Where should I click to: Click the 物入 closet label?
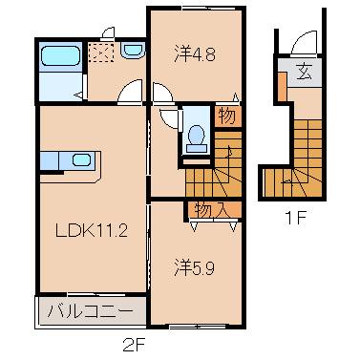point(212,209)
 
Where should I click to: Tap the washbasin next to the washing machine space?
point(132,51)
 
